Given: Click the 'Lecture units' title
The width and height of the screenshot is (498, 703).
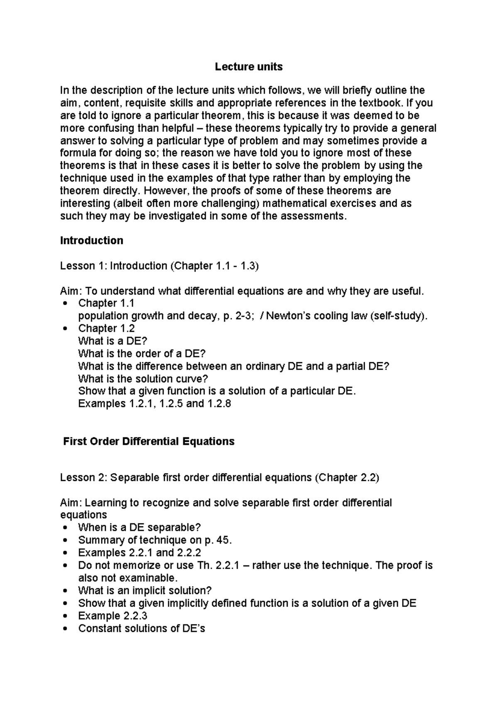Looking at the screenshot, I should point(249,67).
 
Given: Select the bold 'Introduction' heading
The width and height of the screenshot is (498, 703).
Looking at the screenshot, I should point(91,240).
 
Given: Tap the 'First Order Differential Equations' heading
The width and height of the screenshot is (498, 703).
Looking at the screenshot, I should point(149,441).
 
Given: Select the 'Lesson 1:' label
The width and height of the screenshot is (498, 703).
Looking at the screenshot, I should point(83,266).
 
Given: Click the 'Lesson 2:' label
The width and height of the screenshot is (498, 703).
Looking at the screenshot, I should point(83,478).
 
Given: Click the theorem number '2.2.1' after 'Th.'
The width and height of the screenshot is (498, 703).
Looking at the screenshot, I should point(227,565).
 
